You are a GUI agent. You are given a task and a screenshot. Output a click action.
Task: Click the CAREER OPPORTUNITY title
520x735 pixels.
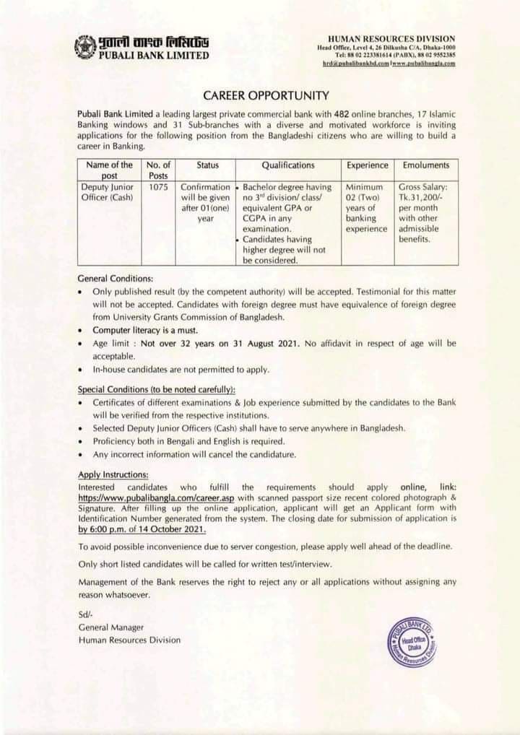click(x=266, y=95)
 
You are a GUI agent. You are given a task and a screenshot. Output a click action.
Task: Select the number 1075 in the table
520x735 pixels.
click(x=158, y=186)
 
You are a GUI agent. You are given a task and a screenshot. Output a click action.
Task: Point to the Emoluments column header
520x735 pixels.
click(x=425, y=165)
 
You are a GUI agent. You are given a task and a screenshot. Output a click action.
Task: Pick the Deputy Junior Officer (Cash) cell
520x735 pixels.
click(x=109, y=191)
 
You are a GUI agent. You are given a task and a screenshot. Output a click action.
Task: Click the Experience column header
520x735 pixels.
click(x=368, y=165)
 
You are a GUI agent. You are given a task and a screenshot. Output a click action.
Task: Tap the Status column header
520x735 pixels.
click(x=207, y=165)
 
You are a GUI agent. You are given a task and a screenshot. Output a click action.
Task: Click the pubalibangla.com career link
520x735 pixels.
click(x=156, y=498)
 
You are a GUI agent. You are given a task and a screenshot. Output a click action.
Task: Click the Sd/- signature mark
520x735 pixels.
click(x=84, y=614)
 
